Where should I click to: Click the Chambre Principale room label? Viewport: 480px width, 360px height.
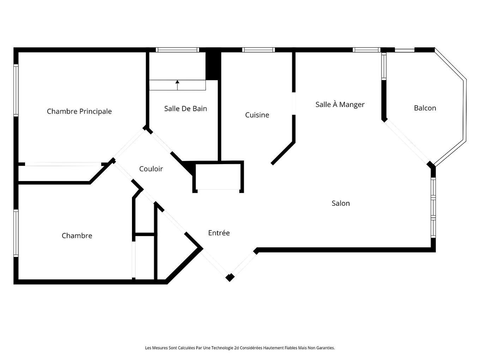(79, 112)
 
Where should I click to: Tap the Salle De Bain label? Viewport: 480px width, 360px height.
(185, 109)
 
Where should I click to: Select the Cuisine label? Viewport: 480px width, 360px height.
(257, 115)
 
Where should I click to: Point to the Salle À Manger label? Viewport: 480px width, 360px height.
(340, 104)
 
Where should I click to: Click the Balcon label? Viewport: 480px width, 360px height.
(425, 108)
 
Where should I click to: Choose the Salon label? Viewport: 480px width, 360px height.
(341, 203)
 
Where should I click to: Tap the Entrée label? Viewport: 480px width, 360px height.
(219, 233)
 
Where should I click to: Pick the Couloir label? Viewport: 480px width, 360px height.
(151, 169)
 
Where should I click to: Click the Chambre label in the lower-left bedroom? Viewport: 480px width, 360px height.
(77, 236)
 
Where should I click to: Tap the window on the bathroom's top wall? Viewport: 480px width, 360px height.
(177, 50)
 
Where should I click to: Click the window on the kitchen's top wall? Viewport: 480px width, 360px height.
(258, 50)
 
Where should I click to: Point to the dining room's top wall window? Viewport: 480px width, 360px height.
(366, 50)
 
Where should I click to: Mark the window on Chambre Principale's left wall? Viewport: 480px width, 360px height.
(16, 90)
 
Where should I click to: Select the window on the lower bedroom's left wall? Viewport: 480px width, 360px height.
(16, 233)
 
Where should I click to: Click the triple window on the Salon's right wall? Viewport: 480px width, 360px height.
(433, 208)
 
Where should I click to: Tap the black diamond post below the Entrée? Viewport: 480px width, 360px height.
(230, 278)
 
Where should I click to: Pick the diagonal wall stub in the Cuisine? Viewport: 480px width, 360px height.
(283, 153)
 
